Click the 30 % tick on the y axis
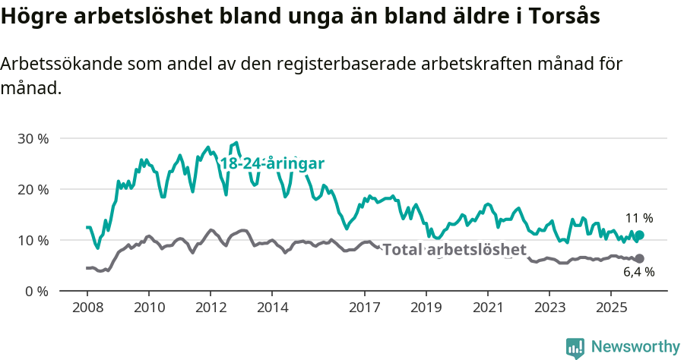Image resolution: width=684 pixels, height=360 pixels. [33, 139]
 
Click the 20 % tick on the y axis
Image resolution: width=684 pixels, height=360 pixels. [33, 189]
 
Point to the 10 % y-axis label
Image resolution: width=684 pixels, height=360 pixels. [33, 240]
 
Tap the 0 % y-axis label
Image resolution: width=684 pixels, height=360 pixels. [36, 291]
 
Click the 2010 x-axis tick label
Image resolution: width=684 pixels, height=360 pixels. [149, 308]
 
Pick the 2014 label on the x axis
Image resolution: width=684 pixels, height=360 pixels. [272, 308]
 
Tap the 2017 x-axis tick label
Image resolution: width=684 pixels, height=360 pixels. [364, 308]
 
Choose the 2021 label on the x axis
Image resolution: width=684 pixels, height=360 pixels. [487, 308]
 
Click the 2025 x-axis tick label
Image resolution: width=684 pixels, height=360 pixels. [610, 308]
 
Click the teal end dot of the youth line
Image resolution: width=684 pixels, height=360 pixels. [639, 235]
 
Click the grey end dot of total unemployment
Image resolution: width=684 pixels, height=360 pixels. [639, 258]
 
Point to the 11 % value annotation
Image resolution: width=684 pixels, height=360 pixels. [638, 218]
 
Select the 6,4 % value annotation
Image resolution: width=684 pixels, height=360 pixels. [638, 272]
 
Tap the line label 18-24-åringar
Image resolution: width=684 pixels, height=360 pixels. [272, 163]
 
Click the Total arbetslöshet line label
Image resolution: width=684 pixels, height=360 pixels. [454, 250]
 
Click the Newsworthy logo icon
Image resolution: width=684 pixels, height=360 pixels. [575, 347]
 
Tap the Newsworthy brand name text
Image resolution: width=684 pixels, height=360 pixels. [635, 347]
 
